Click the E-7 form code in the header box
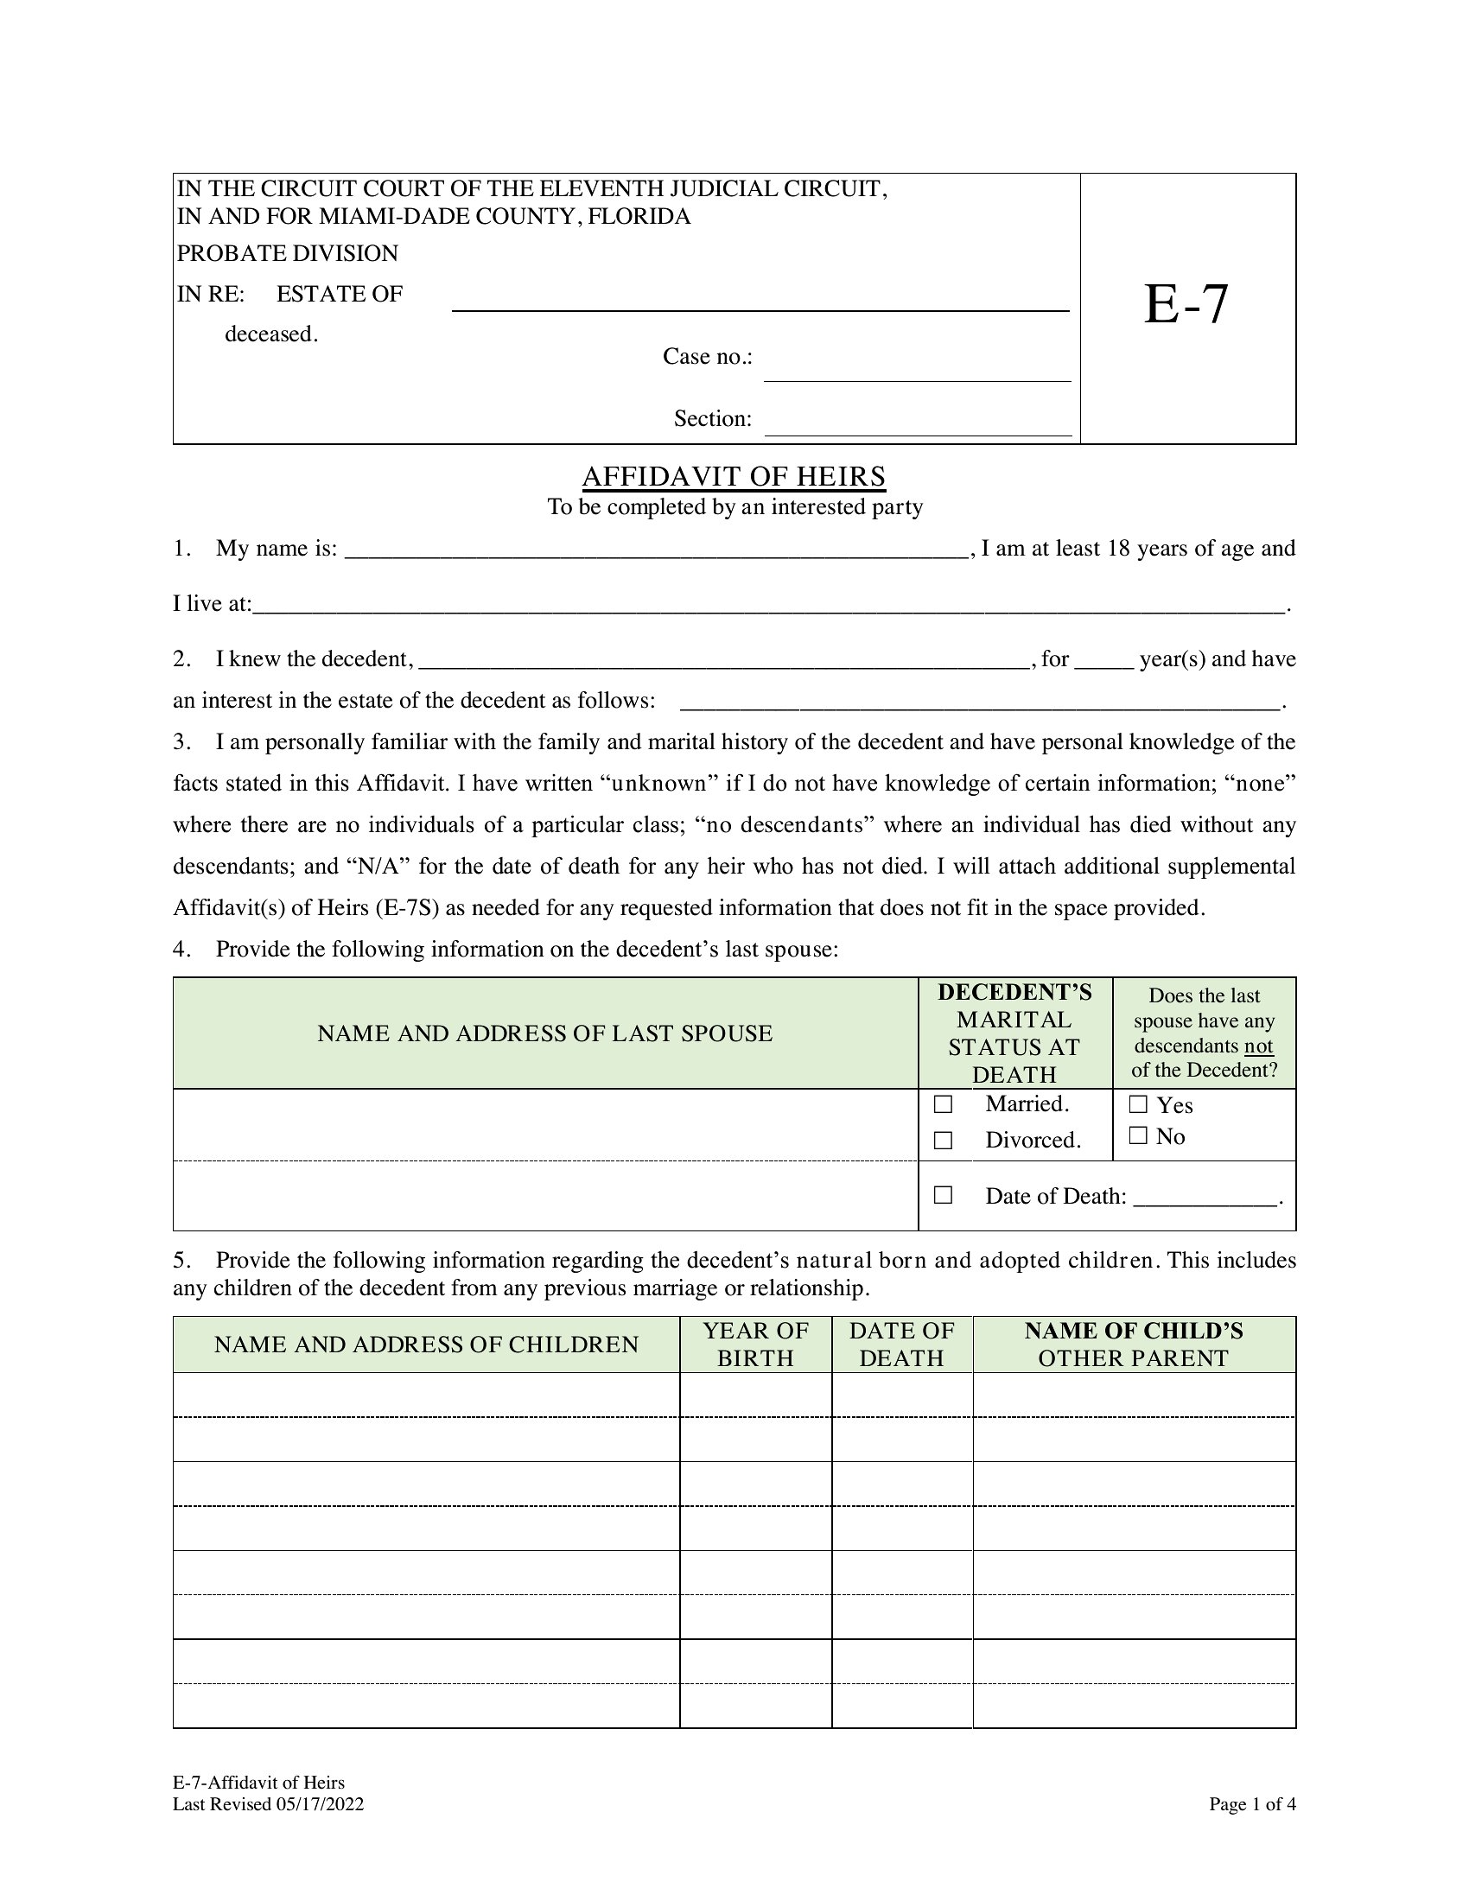click(x=1186, y=305)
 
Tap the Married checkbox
click(x=943, y=1104)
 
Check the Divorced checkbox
click(x=943, y=1141)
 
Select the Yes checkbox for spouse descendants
click(x=1137, y=1104)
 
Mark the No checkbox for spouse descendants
click(x=1137, y=1135)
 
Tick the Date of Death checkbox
click(x=943, y=1195)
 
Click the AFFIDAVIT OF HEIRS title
click(x=734, y=477)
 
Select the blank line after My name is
click(x=657, y=551)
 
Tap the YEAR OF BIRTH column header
click(x=755, y=1344)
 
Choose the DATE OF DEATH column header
click(x=901, y=1344)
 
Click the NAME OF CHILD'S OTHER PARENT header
click(x=1133, y=1344)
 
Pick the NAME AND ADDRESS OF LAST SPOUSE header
click(x=544, y=1033)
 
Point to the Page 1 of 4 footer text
click(x=1251, y=1804)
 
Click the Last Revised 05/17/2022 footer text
click(x=268, y=1804)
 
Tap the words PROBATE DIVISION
click(x=287, y=253)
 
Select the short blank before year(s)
click(x=1103, y=662)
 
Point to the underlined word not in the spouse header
click(x=1258, y=1046)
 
